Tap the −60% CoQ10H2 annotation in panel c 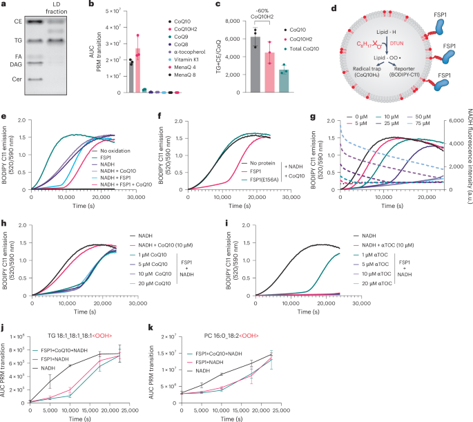point(268,13)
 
